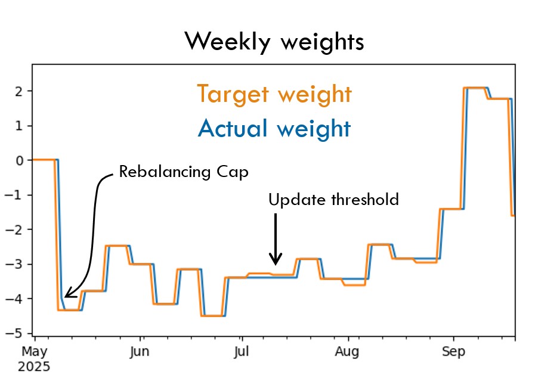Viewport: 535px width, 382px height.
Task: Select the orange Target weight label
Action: [274, 94]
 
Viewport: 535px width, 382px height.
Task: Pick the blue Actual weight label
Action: [274, 128]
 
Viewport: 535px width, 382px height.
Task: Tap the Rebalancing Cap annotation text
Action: [183, 172]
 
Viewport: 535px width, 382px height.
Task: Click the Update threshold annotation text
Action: [333, 200]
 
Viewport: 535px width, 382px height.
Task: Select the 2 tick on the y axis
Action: [20, 91]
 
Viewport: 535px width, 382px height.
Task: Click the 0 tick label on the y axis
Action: [20, 160]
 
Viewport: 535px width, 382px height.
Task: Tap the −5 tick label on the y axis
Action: [17, 334]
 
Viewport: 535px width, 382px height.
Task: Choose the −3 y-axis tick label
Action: [17, 265]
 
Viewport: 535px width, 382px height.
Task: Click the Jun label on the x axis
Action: [140, 352]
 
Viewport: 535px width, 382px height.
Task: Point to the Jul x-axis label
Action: [242, 352]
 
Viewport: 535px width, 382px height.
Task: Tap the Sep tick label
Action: [453, 352]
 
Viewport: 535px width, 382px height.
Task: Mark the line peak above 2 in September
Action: [476, 88]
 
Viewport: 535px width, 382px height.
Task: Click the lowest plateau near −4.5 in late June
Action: [213, 315]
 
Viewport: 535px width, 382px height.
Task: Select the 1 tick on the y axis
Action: [20, 126]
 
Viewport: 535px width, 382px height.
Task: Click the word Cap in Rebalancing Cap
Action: [234, 172]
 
